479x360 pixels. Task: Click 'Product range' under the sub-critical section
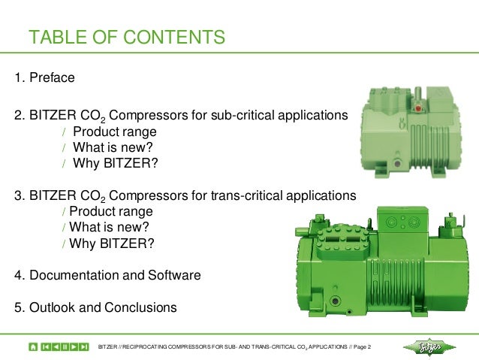tap(115, 132)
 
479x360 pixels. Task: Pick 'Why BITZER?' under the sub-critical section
tap(116, 163)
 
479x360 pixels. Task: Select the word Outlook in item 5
tap(52, 307)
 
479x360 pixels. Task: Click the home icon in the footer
tap(33, 346)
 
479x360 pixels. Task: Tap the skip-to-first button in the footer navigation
tap(47, 346)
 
